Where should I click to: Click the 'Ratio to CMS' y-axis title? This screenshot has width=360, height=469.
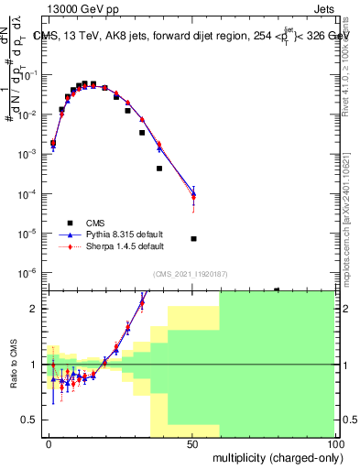point(13,377)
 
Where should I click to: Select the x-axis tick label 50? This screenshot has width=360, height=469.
point(192,443)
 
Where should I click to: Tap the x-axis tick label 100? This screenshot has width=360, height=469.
point(334,443)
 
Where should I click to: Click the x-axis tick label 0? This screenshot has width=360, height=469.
point(49,443)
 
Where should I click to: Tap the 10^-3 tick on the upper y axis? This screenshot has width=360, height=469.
point(31,155)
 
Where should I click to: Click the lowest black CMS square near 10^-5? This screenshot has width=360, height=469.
point(193,239)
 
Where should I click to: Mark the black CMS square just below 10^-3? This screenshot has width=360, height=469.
point(159,169)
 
